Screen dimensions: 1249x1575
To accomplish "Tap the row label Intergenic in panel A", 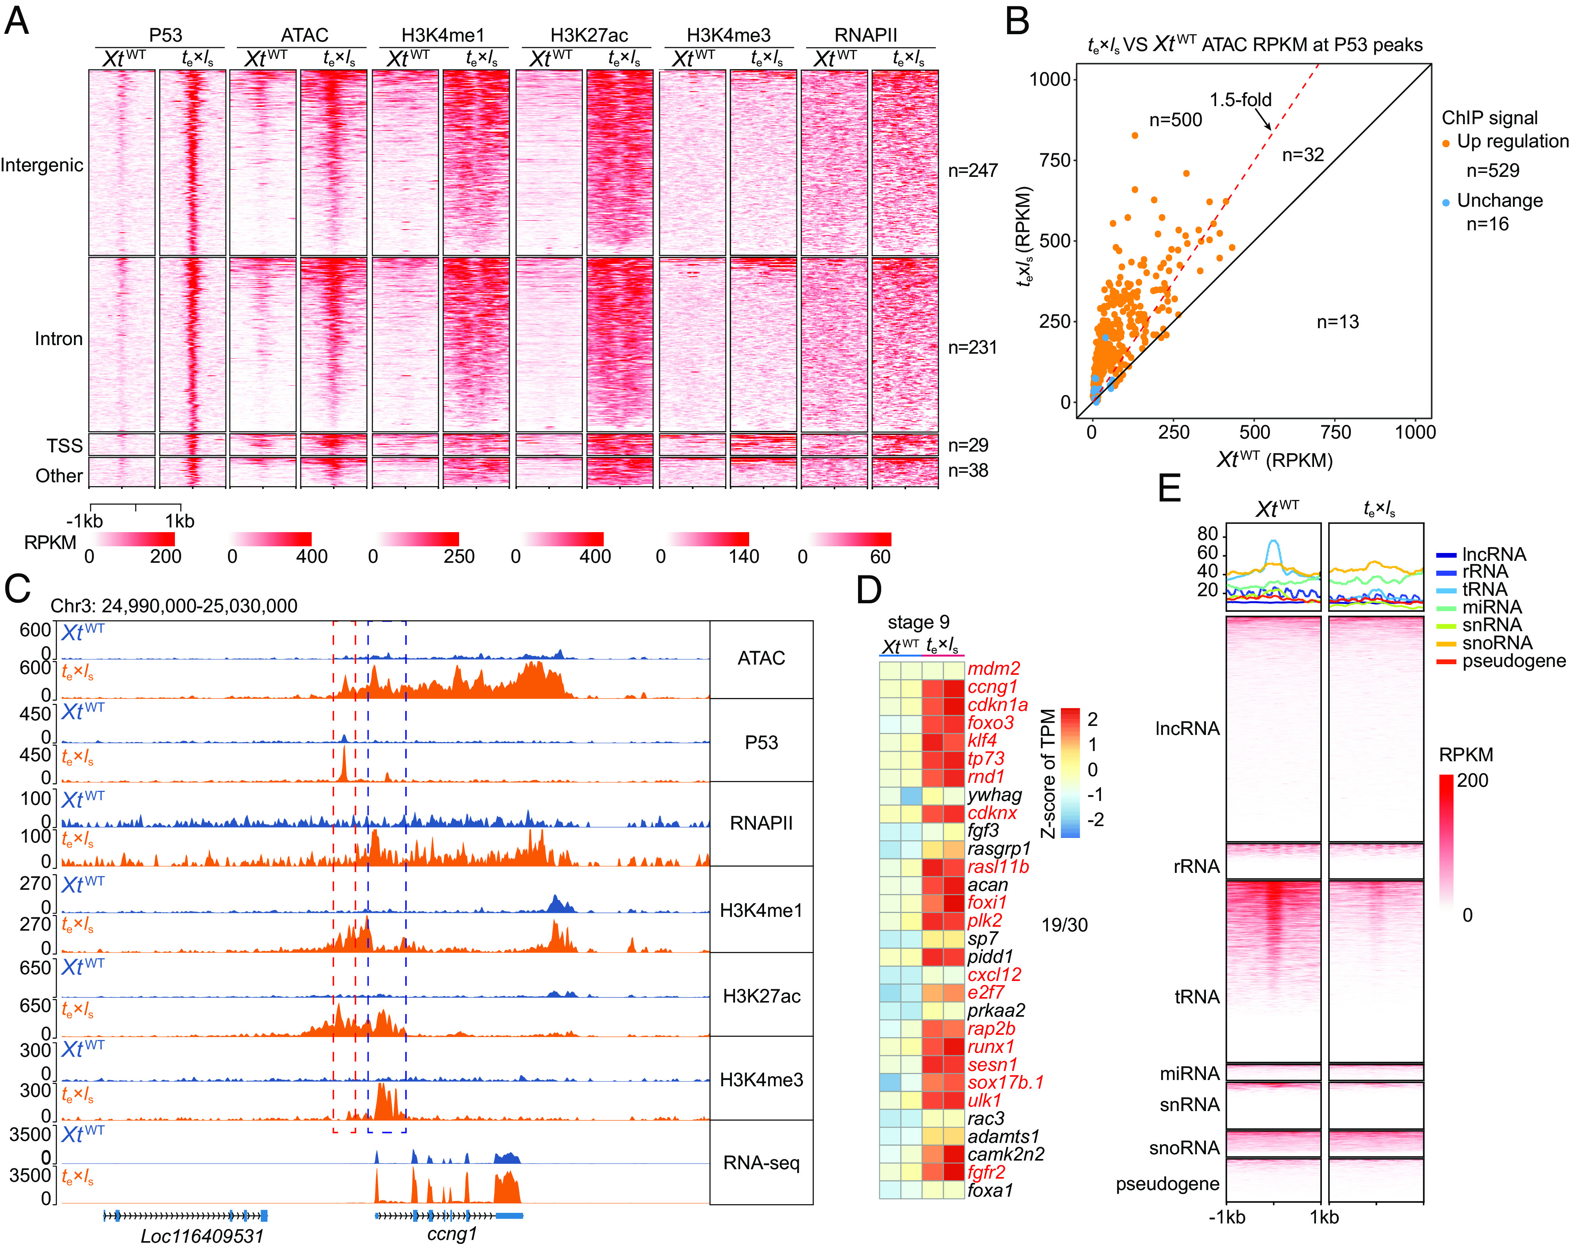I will coord(42,165).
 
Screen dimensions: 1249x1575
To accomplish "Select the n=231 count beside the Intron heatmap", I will coord(972,348).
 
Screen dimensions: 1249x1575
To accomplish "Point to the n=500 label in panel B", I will coord(1175,120).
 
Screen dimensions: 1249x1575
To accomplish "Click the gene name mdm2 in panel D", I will coord(994,669).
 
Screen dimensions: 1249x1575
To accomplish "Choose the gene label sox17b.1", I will coord(1005,1082).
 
